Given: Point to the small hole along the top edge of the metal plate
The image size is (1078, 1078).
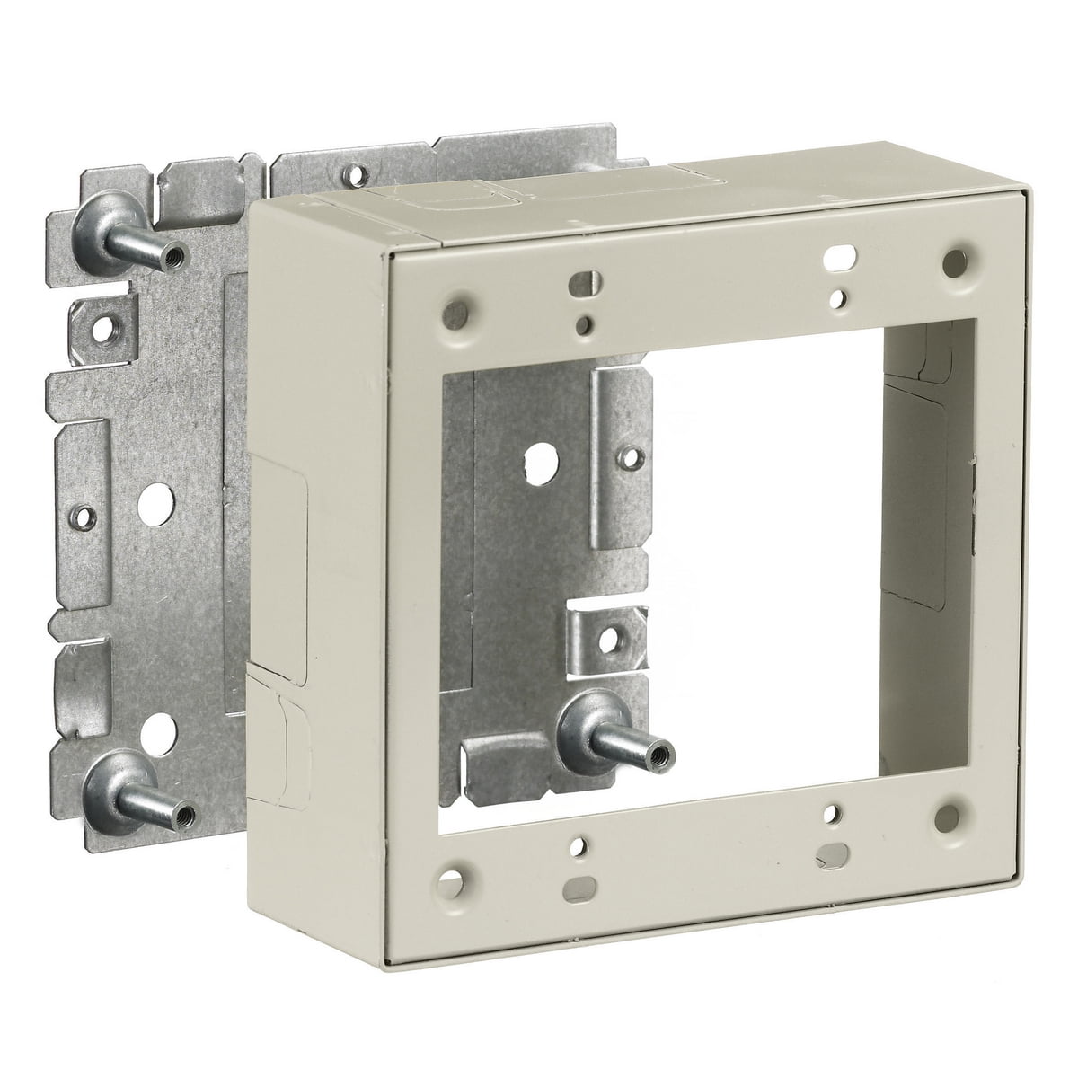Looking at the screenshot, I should (358, 172).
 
